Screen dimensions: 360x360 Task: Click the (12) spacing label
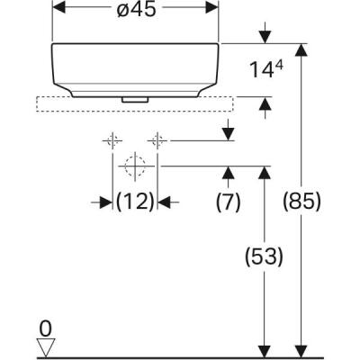[135, 202]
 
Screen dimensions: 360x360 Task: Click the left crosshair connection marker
[112, 139]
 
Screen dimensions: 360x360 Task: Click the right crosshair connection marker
[158, 139]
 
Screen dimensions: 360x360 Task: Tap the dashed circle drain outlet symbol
[135, 166]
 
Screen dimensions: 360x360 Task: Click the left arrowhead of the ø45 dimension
[58, 7]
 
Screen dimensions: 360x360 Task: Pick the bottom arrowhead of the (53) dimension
[264, 349]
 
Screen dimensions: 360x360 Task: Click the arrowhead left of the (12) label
[107, 202]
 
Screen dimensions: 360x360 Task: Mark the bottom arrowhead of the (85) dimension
[301, 349]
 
